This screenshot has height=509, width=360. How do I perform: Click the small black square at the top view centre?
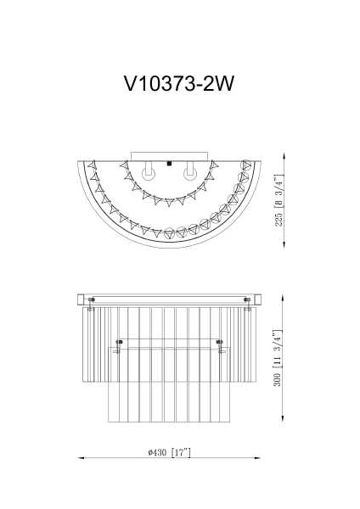click(x=170, y=163)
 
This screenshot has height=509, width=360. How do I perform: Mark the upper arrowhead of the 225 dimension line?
click(x=282, y=158)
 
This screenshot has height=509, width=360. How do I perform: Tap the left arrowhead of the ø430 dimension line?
click(x=82, y=458)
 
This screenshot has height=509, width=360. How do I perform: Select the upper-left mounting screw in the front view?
click(x=92, y=299)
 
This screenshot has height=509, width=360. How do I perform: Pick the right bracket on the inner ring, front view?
click(x=220, y=344)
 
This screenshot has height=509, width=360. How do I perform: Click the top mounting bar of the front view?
click(x=171, y=299)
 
